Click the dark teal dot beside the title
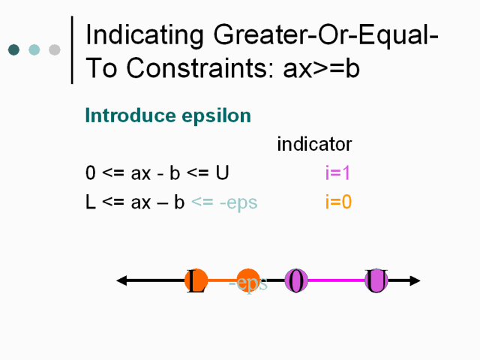[x=13, y=50]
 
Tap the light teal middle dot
[x=34, y=50]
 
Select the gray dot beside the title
[x=55, y=50]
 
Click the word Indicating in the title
[x=145, y=35]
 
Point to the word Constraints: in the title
[x=199, y=68]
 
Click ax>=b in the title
[x=321, y=68]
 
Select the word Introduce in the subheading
[x=130, y=115]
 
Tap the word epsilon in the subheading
[x=217, y=116]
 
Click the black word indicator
[x=314, y=144]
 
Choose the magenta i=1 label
[x=337, y=172]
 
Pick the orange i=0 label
[x=338, y=202]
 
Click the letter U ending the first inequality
[x=222, y=172]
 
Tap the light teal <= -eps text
[x=224, y=202]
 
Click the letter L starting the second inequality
[x=91, y=202]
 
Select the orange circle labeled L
[x=196, y=280]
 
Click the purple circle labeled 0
[x=296, y=280]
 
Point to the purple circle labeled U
[x=376, y=280]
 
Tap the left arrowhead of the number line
[x=121, y=280]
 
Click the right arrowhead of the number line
[x=415, y=280]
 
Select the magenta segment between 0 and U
[x=336, y=280]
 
